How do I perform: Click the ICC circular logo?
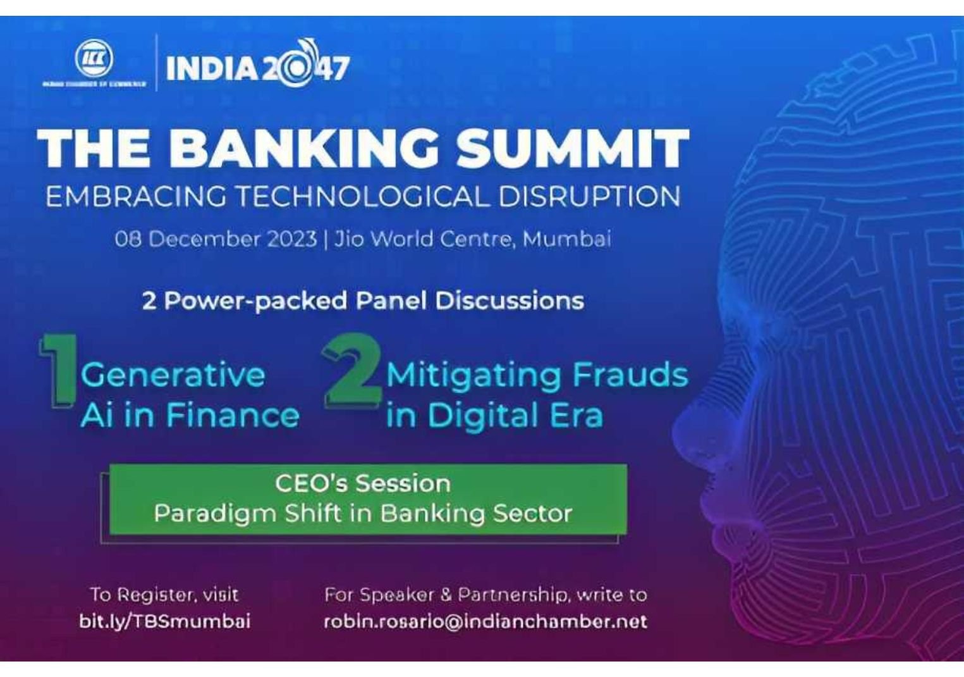click(94, 59)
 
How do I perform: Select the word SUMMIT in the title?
click(572, 148)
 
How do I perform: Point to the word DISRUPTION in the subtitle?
click(589, 197)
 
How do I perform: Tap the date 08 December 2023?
click(216, 239)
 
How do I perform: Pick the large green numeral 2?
click(353, 370)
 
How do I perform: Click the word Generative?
click(173, 375)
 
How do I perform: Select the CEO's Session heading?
click(363, 484)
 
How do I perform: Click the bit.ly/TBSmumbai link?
click(164, 621)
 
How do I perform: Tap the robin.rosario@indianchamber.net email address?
click(485, 621)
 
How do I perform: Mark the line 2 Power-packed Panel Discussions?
click(363, 301)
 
